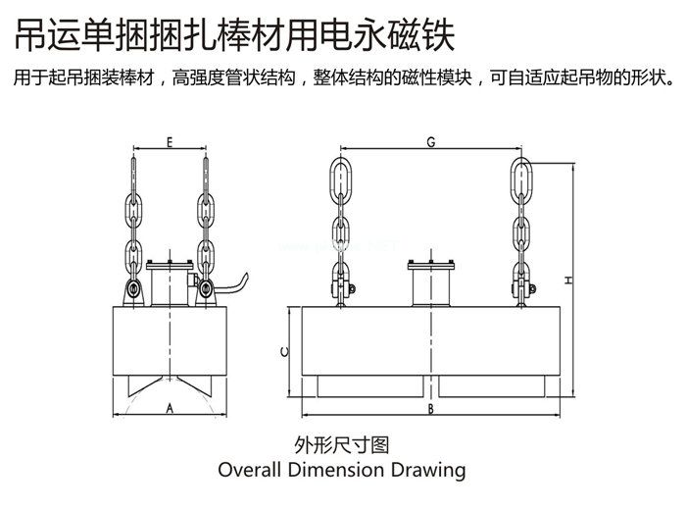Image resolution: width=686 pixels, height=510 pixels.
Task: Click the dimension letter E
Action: [170, 142]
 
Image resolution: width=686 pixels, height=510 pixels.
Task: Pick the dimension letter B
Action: [430, 407]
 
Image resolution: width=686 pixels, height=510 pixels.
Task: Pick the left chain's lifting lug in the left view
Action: [132, 291]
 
